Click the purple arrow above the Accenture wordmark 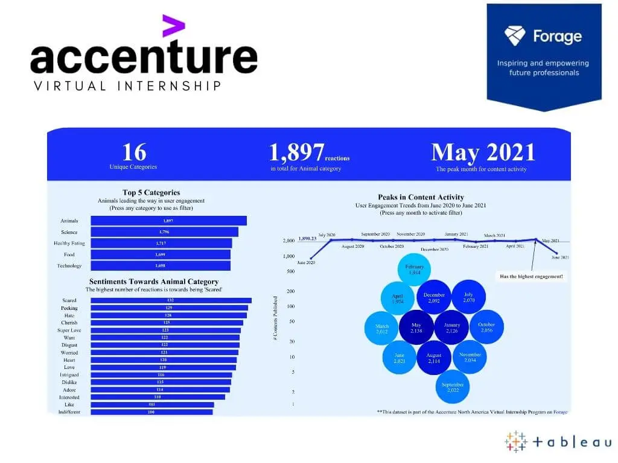pos(174,27)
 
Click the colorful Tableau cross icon pos(516,441)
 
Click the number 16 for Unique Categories pos(133,152)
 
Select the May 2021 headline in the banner pos(483,153)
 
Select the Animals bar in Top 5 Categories pos(168,221)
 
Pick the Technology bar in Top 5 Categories pos(160,266)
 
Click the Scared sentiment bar pos(171,300)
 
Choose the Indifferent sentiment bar pos(151,412)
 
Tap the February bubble pos(415,269)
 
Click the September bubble pos(452,386)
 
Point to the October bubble pos(486,327)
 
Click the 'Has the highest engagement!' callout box pos(531,277)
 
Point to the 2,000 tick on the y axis pos(288,241)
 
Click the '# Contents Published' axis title pos(275,318)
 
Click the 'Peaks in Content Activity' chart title pos(421,197)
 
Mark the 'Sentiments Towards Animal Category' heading pos(153,282)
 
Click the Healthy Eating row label pos(69,244)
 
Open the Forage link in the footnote pos(561,412)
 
